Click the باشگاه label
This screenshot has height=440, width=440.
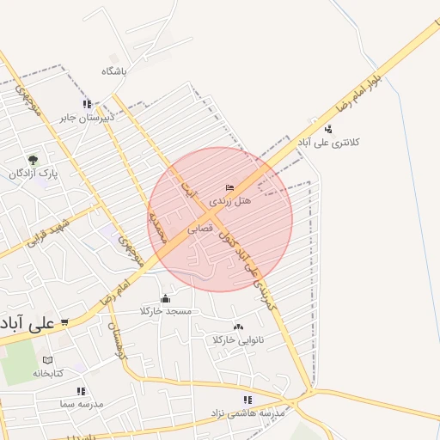point(113,71)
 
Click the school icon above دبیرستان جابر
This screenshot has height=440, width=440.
point(87,104)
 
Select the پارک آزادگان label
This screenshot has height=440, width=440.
point(34,174)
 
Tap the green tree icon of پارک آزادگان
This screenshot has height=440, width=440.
point(33,160)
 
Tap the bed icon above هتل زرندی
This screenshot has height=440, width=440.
point(229,187)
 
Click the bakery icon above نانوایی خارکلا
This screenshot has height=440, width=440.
point(238,327)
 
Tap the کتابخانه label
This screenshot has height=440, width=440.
point(48,373)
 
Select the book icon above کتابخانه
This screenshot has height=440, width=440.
point(48,360)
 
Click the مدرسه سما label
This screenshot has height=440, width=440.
point(82,403)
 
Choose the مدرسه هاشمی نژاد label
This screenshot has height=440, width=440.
point(247,413)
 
